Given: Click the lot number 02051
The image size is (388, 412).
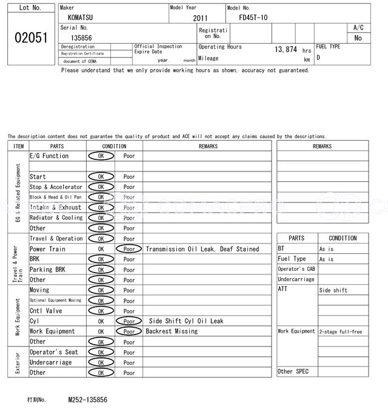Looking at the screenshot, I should (x=30, y=38).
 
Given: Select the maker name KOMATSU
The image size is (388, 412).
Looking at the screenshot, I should (x=81, y=18).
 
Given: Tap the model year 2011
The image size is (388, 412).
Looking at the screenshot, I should (x=200, y=18).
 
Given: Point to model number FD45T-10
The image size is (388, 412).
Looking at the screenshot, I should (x=253, y=18).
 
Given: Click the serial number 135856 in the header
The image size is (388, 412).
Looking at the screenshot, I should (x=81, y=38).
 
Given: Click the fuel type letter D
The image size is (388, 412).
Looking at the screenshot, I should (x=318, y=58).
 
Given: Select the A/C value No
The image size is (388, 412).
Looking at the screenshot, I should (x=358, y=38).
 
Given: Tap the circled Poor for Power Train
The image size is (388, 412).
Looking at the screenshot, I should (x=129, y=249).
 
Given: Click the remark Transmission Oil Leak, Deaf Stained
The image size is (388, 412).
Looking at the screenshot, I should (x=202, y=249).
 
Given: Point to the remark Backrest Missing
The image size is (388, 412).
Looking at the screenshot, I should (x=172, y=331).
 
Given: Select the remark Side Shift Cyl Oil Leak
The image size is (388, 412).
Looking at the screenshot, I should (x=186, y=321).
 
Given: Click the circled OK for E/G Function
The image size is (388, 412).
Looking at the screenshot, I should (x=101, y=156).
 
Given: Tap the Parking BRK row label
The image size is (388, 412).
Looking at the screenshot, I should (x=47, y=270).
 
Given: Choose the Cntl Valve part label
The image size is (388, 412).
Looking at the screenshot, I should (x=46, y=311).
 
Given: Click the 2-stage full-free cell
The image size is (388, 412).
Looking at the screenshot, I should (x=341, y=332).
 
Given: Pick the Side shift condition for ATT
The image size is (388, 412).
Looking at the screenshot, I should (x=333, y=290).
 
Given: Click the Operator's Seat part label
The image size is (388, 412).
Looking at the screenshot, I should (x=54, y=352).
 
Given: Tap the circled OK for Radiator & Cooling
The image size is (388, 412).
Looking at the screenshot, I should (x=101, y=218).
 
